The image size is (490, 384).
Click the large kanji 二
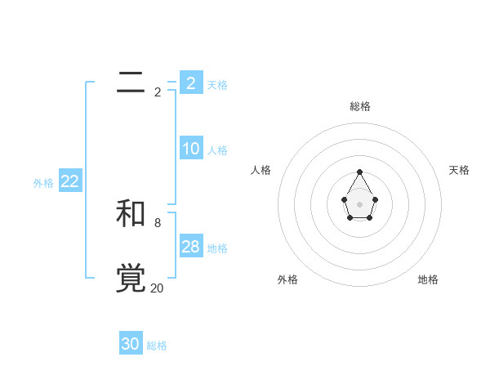pos(131,83)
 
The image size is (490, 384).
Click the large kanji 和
pos(131,213)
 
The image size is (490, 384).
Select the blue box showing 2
pos(190,83)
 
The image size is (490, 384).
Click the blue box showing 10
pos(190,149)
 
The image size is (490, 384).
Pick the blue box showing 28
pos(190,247)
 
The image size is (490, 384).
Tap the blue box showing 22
pos(69,182)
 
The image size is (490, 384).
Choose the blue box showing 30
pos(131,344)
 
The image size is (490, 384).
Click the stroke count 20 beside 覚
pos(157,288)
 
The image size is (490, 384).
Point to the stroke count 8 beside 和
pos(157,222)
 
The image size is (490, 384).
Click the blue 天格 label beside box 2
pos(217,84)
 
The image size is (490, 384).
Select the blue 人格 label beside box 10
pos(217,150)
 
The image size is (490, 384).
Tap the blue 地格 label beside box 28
pos(217,248)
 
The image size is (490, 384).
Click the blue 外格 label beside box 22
pos(43,184)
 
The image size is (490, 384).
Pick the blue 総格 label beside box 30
pos(157,346)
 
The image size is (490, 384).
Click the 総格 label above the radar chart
pos(360,106)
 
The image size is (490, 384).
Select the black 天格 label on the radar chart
pos(459,170)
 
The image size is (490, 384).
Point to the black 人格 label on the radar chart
pos(261,170)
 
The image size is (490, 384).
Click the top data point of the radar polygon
pos(359,172)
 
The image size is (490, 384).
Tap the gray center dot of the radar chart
pos(359,203)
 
